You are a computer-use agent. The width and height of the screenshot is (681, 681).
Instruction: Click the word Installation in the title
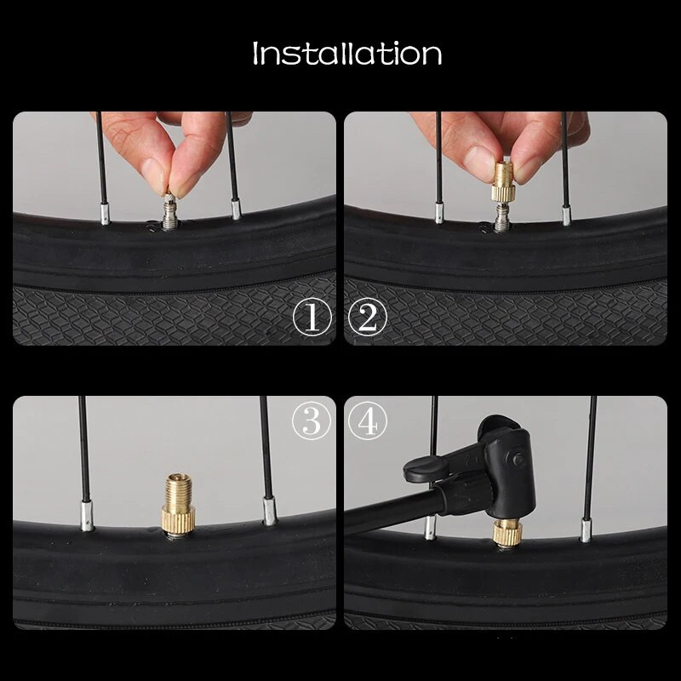coord(347,54)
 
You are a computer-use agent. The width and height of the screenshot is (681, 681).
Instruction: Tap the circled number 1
coord(312,318)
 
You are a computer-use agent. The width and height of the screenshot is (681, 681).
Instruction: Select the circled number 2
coord(368,318)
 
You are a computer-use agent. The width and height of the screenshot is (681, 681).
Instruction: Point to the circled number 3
coord(312,421)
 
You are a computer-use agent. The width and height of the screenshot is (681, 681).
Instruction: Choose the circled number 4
coord(368,421)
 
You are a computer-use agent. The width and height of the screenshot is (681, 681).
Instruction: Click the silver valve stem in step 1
coord(169,212)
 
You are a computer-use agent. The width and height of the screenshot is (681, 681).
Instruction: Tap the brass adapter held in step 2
coord(504,181)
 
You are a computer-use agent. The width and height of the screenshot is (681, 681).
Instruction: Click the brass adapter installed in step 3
coord(178,503)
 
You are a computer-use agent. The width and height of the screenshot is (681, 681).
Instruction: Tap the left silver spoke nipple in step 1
coord(105,212)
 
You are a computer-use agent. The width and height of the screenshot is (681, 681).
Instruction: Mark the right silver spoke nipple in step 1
coord(236,209)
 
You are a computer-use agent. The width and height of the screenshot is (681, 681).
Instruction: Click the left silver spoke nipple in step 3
coord(87,516)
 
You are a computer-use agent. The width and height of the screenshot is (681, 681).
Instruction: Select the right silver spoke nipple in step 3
coord(269,511)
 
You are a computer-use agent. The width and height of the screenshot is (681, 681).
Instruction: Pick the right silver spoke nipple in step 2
coord(566,215)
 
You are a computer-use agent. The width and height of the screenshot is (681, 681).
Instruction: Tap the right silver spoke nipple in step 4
coord(586,529)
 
